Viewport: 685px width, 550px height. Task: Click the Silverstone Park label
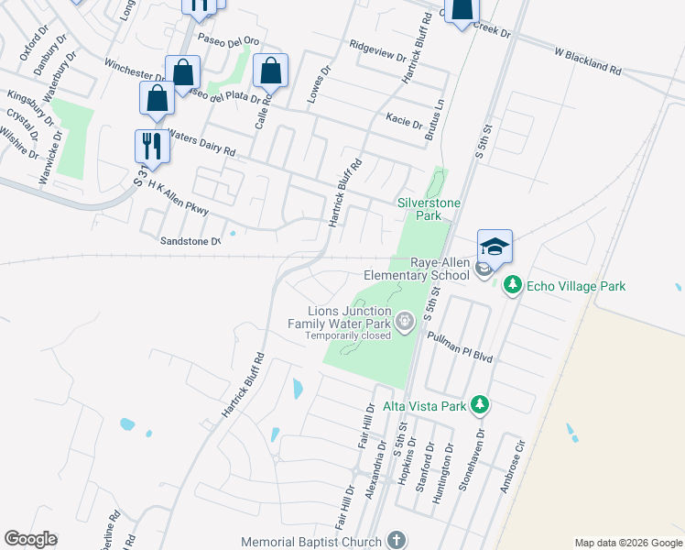click(x=428, y=209)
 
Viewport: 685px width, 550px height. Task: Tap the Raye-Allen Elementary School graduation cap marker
click(x=495, y=247)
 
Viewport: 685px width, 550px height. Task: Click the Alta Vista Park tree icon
click(x=478, y=405)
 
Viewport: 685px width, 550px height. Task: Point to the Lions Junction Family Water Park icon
click(x=404, y=321)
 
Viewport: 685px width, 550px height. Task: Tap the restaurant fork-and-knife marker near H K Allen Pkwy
click(x=151, y=146)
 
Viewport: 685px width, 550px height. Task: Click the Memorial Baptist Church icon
click(x=396, y=541)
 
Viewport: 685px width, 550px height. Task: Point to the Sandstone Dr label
click(x=190, y=241)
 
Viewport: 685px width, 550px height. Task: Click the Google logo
click(x=30, y=539)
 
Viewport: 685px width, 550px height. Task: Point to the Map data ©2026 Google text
click(x=627, y=543)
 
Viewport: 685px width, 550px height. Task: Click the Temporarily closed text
click(x=349, y=336)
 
